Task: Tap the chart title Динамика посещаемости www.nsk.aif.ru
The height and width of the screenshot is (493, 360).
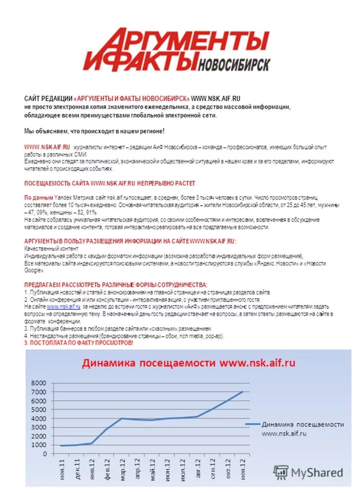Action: click(188, 363)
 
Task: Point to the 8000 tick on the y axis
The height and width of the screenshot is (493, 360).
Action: click(38, 383)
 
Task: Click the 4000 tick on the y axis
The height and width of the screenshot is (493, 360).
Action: click(38, 418)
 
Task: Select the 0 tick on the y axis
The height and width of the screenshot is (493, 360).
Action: click(44, 454)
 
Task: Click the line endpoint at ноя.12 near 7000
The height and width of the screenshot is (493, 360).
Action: click(243, 392)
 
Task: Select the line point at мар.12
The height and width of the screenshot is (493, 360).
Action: click(122, 418)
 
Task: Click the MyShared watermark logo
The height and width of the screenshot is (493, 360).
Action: click(309, 472)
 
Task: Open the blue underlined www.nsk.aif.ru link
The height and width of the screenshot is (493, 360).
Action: click(63, 306)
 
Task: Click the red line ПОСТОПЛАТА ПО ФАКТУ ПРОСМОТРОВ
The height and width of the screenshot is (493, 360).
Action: click(78, 343)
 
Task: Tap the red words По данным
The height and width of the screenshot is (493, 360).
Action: click(38, 197)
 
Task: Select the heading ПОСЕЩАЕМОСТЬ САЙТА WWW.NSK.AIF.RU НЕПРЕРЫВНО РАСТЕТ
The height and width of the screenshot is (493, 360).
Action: click(109, 183)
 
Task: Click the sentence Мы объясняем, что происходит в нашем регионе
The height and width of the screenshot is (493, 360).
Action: click(94, 131)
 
